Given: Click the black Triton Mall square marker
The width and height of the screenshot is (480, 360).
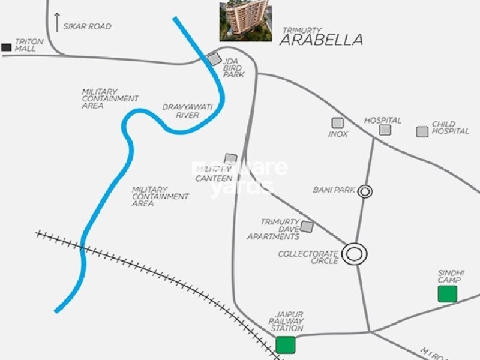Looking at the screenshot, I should (x=6, y=47).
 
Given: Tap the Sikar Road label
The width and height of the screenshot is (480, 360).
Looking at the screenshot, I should (x=88, y=26).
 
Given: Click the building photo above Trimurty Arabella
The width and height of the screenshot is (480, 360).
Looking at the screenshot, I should (x=245, y=20).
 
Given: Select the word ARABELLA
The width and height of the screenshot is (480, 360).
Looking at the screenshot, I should (x=322, y=40).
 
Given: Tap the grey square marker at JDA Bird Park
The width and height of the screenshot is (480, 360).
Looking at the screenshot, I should (x=214, y=59).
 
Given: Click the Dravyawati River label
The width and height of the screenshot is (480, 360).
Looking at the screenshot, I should (x=187, y=111).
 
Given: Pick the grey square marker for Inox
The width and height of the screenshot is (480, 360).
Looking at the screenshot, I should (x=338, y=122).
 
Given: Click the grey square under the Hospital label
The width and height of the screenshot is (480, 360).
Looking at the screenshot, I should (x=385, y=130).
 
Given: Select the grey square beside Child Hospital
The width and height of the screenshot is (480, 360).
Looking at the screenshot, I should (x=422, y=131).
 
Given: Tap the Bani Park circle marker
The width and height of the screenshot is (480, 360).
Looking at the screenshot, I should (x=365, y=191).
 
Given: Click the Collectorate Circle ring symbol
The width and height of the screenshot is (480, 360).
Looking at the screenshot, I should (x=355, y=254).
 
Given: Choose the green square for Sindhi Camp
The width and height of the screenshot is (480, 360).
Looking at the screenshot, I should (x=447, y=294).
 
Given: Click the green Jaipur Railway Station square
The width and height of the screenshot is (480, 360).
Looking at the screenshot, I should (x=286, y=345).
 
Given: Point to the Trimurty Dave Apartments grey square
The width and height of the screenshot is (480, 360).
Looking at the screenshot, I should (x=307, y=226).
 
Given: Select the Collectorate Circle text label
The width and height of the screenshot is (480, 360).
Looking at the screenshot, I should (x=308, y=257).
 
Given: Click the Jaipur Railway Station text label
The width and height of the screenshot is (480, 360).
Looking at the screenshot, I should (x=286, y=321).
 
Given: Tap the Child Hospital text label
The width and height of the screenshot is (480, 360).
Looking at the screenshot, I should (x=451, y=128).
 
